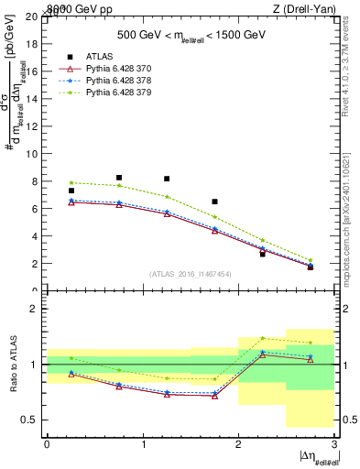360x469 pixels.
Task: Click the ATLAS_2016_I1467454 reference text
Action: point(191,274)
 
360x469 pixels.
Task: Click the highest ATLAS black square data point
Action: point(119,178)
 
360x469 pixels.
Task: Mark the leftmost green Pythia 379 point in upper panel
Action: point(71,182)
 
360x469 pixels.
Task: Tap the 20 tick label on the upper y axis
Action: point(33,17)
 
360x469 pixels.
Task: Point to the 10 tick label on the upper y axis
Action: point(33,154)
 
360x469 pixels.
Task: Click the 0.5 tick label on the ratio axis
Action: point(30,420)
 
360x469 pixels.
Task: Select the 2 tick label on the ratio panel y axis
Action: point(36,310)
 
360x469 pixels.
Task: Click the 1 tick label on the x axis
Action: point(143,443)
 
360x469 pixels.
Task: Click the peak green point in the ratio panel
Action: point(262,338)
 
